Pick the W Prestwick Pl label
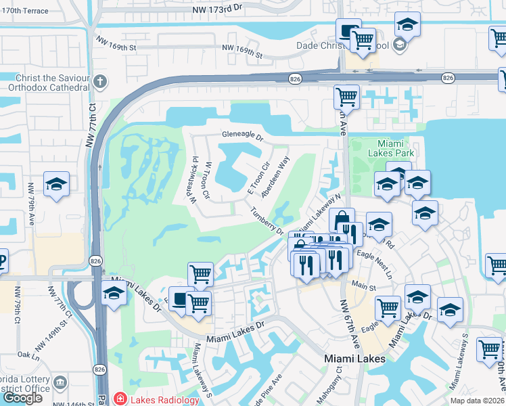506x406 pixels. click(x=193, y=181)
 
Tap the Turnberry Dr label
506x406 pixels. click(x=267, y=220)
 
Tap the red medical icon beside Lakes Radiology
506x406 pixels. click(x=120, y=400)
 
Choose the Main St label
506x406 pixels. click(x=365, y=287)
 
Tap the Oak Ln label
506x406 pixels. click(x=29, y=354)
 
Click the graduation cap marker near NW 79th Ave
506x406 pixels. click(x=57, y=185)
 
